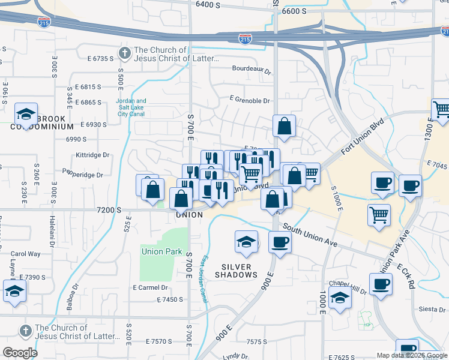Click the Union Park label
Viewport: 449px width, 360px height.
pyautogui.click(x=161, y=251)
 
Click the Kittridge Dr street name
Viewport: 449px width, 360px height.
pyautogui.click(x=92, y=155)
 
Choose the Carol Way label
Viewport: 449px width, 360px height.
pyautogui.click(x=25, y=254)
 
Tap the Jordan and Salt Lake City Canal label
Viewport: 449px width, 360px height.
pyautogui.click(x=131, y=107)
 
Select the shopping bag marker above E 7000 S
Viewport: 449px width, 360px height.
pyautogui.click(x=284, y=126)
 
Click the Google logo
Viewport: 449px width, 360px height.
pyautogui.click(x=20, y=353)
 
